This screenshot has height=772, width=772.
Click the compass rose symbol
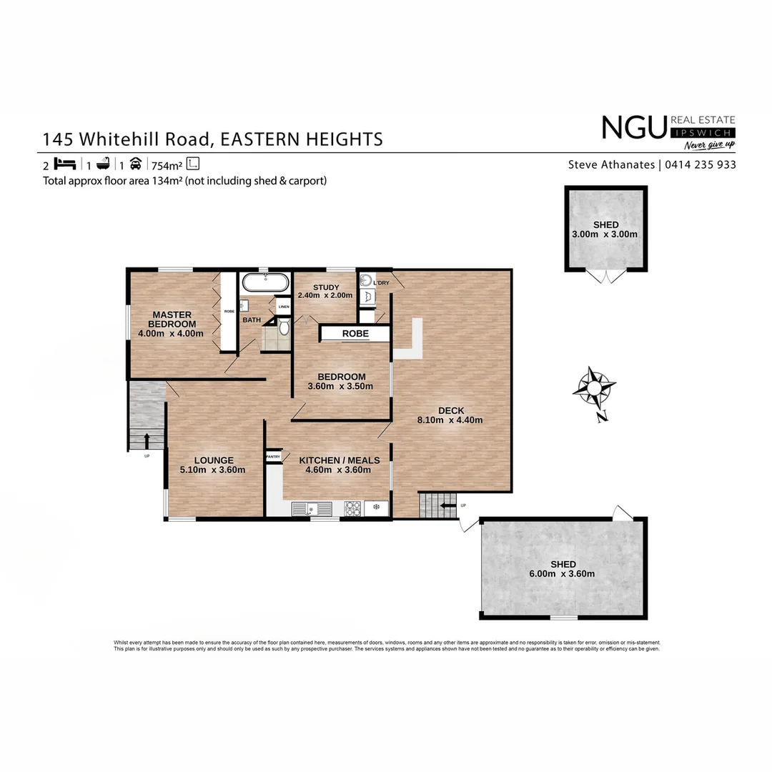(594, 389)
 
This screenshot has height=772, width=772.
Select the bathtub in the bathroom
(264, 282)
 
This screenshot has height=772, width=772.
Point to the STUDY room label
(325, 288)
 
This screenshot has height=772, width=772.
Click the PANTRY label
(273, 456)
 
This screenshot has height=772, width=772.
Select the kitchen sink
(311, 508)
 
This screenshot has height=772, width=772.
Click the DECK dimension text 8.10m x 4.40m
(450, 420)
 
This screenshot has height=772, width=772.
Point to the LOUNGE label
(212, 460)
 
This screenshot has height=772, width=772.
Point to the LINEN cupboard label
(284, 307)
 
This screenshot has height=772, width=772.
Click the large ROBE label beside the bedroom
(355, 334)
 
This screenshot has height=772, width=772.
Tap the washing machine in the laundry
(366, 281)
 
